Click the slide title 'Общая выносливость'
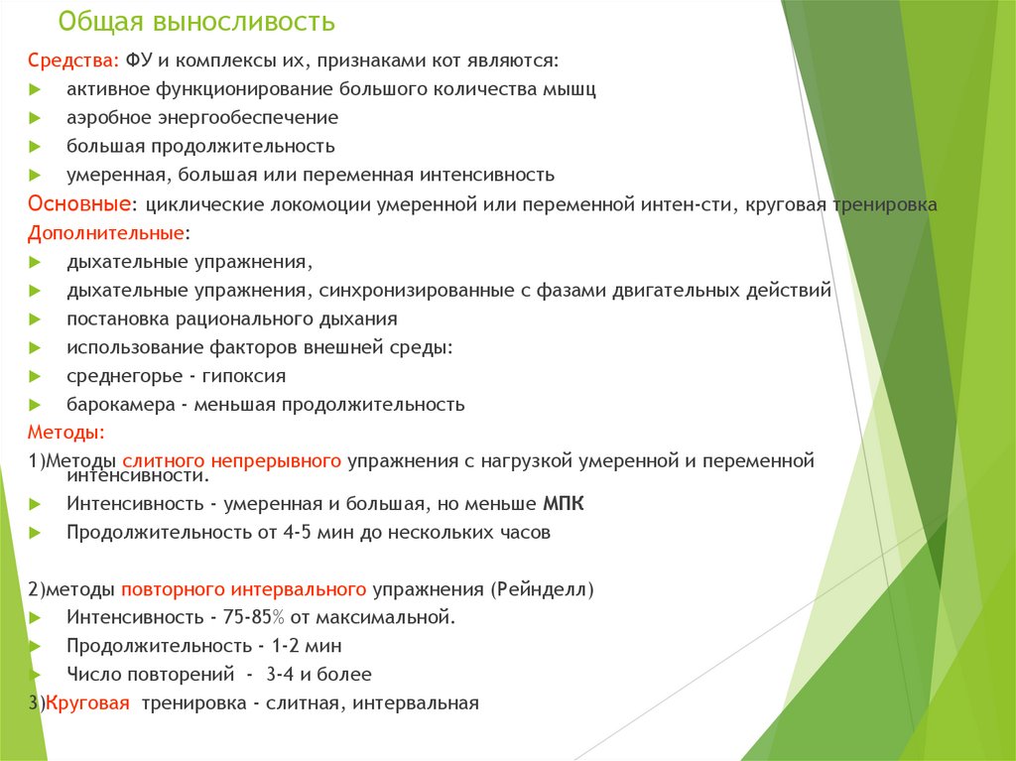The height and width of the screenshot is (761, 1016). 195,22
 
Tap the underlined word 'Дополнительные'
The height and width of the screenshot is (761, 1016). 105,233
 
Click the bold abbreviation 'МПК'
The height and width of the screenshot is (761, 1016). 564,504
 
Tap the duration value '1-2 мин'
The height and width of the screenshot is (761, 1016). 300,646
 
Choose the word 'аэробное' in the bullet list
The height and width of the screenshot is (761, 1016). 105,118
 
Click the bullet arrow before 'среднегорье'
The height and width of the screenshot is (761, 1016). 35,376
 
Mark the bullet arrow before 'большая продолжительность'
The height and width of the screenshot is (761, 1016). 35,147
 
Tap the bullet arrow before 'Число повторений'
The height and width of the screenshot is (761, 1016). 35,675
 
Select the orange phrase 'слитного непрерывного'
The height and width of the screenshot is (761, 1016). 232,461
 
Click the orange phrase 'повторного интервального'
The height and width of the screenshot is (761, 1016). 244,590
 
